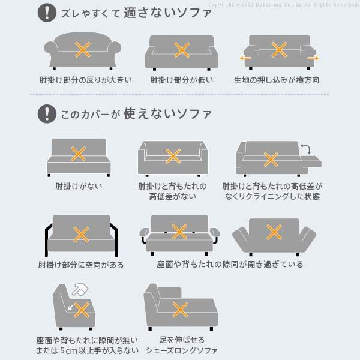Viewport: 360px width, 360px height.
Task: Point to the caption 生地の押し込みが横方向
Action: click(x=277, y=80)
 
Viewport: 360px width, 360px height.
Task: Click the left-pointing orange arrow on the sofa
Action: click(x=245, y=59)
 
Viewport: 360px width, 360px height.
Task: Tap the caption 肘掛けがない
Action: click(x=78, y=186)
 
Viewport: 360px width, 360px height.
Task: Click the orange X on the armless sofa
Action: click(x=78, y=154)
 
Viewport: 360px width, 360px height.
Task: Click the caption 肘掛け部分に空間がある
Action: click(x=82, y=264)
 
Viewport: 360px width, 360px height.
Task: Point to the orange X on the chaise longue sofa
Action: click(x=180, y=310)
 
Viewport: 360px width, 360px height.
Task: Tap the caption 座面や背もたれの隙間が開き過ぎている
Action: click(x=230, y=264)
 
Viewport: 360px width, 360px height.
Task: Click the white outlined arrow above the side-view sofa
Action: click(x=78, y=290)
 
